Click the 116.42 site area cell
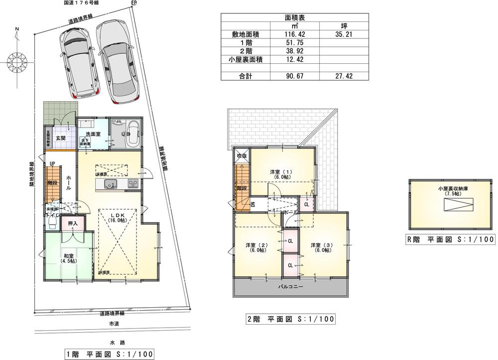coord(294,35)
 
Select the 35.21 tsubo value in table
coord(344,35)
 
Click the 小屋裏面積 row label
coord(244,59)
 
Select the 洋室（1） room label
coord(282,174)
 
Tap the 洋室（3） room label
coord(321,247)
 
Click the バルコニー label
coord(290,287)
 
